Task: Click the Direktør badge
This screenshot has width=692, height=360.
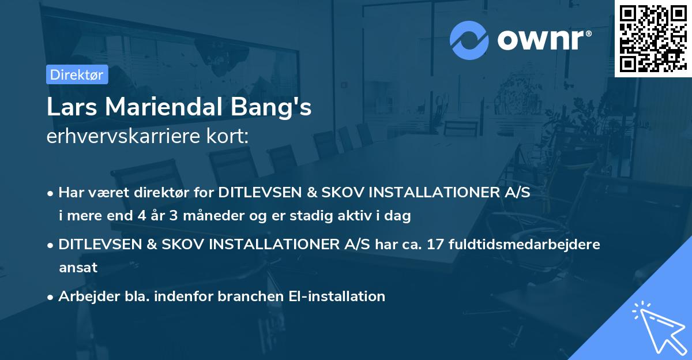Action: tap(77, 74)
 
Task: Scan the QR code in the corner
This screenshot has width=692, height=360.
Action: tap(652, 38)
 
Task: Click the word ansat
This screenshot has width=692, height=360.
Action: tap(78, 267)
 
